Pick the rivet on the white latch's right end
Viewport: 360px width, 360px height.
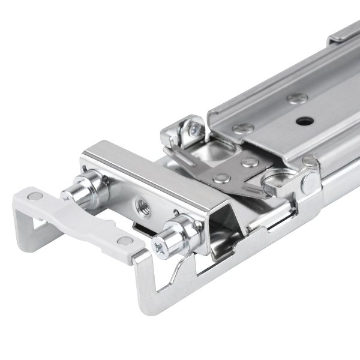click(x=125, y=241)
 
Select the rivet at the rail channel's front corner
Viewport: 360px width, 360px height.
click(x=243, y=128)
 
